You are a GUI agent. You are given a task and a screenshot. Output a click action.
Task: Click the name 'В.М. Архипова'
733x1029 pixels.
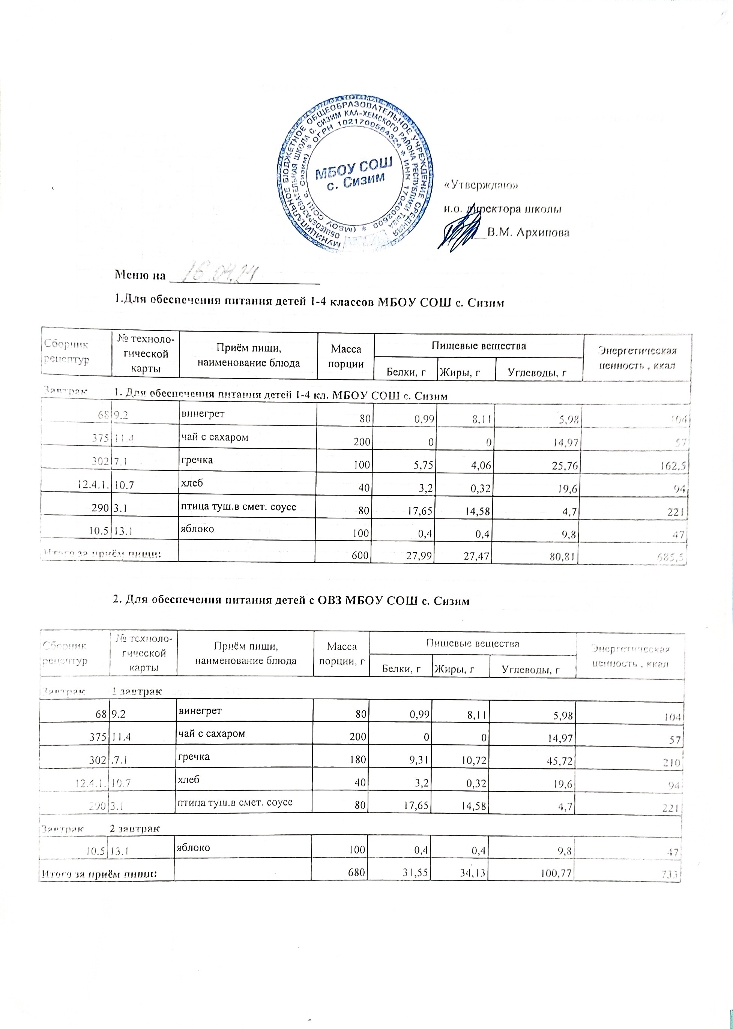[529, 233]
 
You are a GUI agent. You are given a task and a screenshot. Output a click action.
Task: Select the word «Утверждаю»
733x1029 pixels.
[481, 185]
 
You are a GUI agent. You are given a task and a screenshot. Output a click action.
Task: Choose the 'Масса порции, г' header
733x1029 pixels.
[341, 654]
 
